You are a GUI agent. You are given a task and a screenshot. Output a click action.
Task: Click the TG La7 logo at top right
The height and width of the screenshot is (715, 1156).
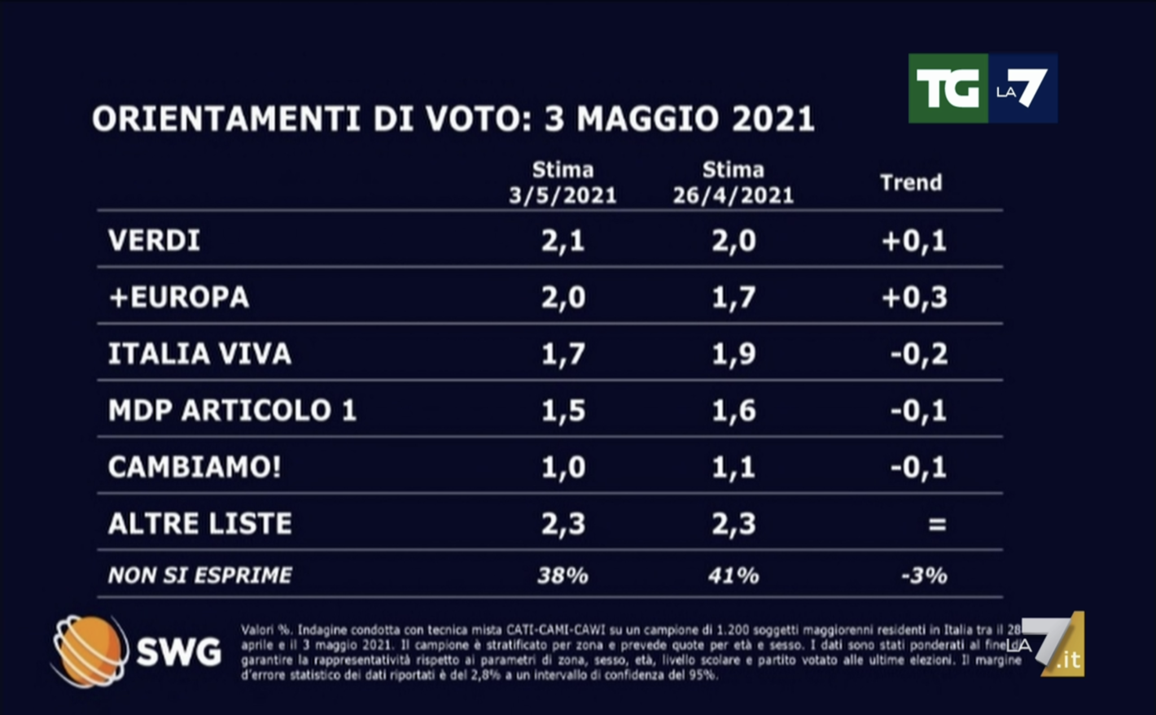click(x=982, y=88)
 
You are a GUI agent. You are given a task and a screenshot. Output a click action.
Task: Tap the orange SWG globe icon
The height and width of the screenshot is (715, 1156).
click(x=89, y=651)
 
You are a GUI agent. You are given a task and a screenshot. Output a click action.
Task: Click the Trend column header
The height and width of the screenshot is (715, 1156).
click(x=911, y=183)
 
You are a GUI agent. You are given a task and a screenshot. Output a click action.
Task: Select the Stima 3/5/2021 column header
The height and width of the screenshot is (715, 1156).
click(x=563, y=183)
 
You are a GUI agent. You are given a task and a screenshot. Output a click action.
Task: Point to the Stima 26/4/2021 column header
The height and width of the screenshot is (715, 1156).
click(x=733, y=183)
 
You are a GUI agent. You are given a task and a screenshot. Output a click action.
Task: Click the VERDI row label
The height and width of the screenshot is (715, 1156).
click(x=154, y=241)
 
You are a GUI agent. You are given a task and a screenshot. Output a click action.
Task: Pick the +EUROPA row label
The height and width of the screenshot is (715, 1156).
click(x=179, y=297)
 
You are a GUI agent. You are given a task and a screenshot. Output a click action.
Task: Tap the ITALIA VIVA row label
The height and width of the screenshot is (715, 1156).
click(x=200, y=354)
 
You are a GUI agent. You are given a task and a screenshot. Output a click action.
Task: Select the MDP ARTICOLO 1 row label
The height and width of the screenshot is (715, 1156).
click(x=233, y=411)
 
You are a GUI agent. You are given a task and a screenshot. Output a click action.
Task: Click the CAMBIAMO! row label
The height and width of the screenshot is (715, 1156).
click(x=195, y=467)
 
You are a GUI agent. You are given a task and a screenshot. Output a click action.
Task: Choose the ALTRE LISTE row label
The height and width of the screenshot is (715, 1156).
click(x=200, y=524)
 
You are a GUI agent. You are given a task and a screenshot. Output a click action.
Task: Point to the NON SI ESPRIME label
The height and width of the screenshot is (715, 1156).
click(x=200, y=576)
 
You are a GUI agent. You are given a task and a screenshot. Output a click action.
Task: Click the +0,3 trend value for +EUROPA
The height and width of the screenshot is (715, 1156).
click(x=914, y=297)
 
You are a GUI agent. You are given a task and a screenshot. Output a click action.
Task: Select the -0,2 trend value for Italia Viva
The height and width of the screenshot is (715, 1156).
click(x=919, y=354)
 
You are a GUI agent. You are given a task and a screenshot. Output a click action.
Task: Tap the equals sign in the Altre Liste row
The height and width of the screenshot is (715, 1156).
click(x=937, y=524)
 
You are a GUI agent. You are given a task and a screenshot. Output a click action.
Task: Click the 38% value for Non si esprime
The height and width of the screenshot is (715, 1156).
click(x=563, y=576)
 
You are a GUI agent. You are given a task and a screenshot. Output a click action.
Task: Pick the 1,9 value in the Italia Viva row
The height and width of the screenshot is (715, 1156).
click(x=733, y=354)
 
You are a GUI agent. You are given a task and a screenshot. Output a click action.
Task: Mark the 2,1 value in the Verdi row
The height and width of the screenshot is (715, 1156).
click(x=563, y=241)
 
